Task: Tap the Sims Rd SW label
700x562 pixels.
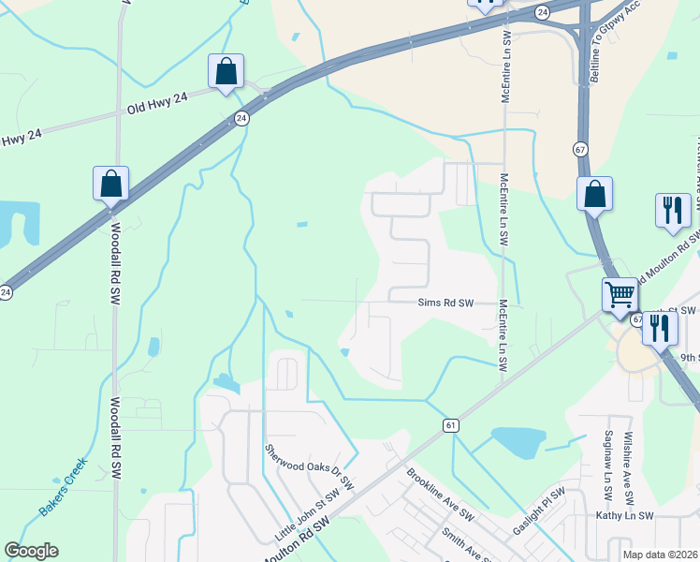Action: click(445, 303)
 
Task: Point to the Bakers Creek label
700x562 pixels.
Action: click(63, 486)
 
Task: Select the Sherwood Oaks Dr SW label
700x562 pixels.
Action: click(309, 468)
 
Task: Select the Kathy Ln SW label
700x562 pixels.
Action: click(623, 515)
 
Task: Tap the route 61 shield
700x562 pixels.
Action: click(452, 425)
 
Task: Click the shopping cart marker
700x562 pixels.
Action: click(620, 295)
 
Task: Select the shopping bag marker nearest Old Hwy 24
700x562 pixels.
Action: click(226, 71)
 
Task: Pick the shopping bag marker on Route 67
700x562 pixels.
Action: click(594, 194)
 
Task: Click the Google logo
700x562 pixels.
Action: click(31, 551)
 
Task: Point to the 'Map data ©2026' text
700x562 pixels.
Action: click(661, 555)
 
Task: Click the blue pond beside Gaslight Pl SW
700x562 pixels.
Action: click(518, 440)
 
